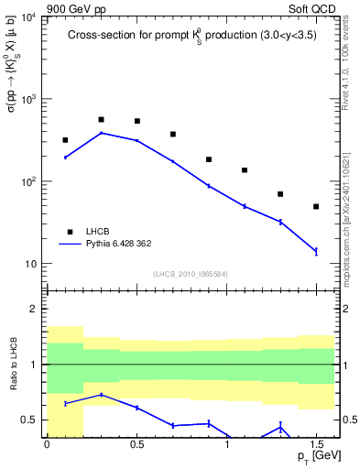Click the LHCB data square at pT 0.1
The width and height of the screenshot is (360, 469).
(65, 140)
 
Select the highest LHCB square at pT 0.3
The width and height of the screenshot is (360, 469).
(101, 119)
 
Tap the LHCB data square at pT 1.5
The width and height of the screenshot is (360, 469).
(316, 206)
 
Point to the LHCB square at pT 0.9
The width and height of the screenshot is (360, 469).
(209, 159)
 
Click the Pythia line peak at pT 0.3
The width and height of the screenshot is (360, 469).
(101, 133)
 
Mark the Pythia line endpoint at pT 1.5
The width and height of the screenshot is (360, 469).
(316, 251)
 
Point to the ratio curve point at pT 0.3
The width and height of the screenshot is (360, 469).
(101, 395)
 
